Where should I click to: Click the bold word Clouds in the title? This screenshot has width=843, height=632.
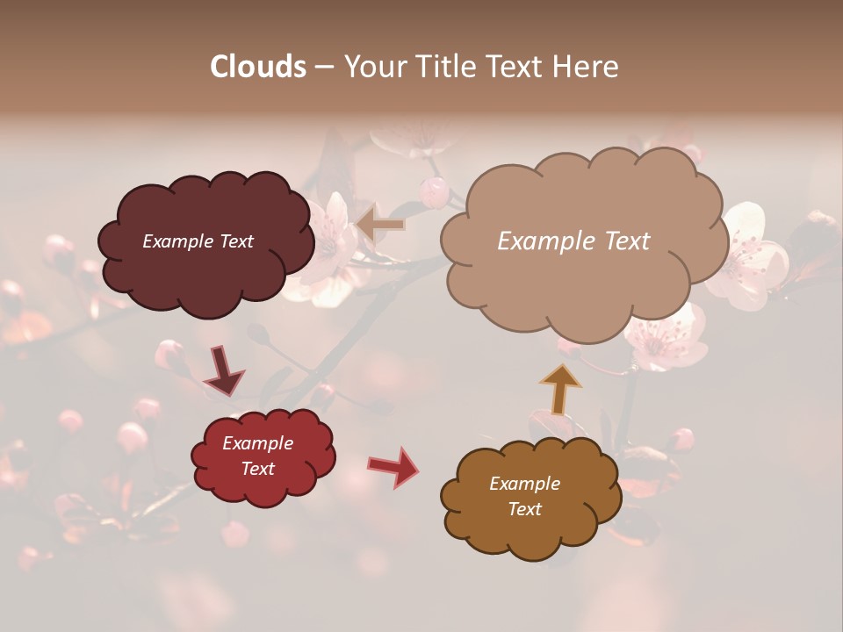pyautogui.click(x=258, y=67)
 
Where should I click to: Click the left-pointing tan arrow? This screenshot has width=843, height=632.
pyautogui.click(x=381, y=224)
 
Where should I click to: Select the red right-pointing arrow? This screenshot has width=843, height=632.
pyautogui.click(x=393, y=467)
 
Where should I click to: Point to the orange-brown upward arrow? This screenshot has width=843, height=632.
pyautogui.click(x=561, y=388)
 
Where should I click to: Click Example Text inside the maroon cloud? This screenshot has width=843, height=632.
pyautogui.click(x=198, y=241)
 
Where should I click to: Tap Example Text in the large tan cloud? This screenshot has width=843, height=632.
pyautogui.click(x=573, y=241)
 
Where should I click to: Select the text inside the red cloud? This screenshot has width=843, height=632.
pyautogui.click(x=258, y=456)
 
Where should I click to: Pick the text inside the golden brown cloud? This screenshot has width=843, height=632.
pyautogui.click(x=524, y=497)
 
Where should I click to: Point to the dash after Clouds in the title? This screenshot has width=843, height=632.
pyautogui.click(x=323, y=67)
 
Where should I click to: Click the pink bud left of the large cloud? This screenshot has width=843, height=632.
pyautogui.click(x=434, y=191)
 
